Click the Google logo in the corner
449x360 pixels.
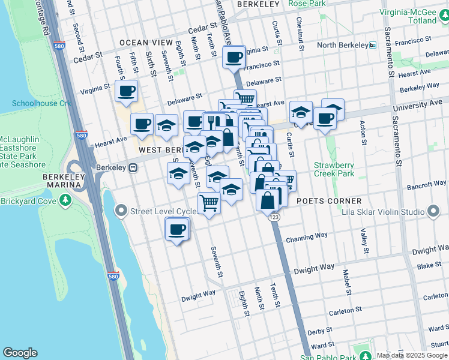20,353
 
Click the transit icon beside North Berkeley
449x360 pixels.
373,45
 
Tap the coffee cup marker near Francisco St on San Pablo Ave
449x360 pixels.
233,58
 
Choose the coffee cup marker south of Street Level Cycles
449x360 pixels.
176,229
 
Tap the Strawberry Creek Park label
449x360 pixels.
334,169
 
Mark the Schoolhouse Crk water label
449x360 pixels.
41,104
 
